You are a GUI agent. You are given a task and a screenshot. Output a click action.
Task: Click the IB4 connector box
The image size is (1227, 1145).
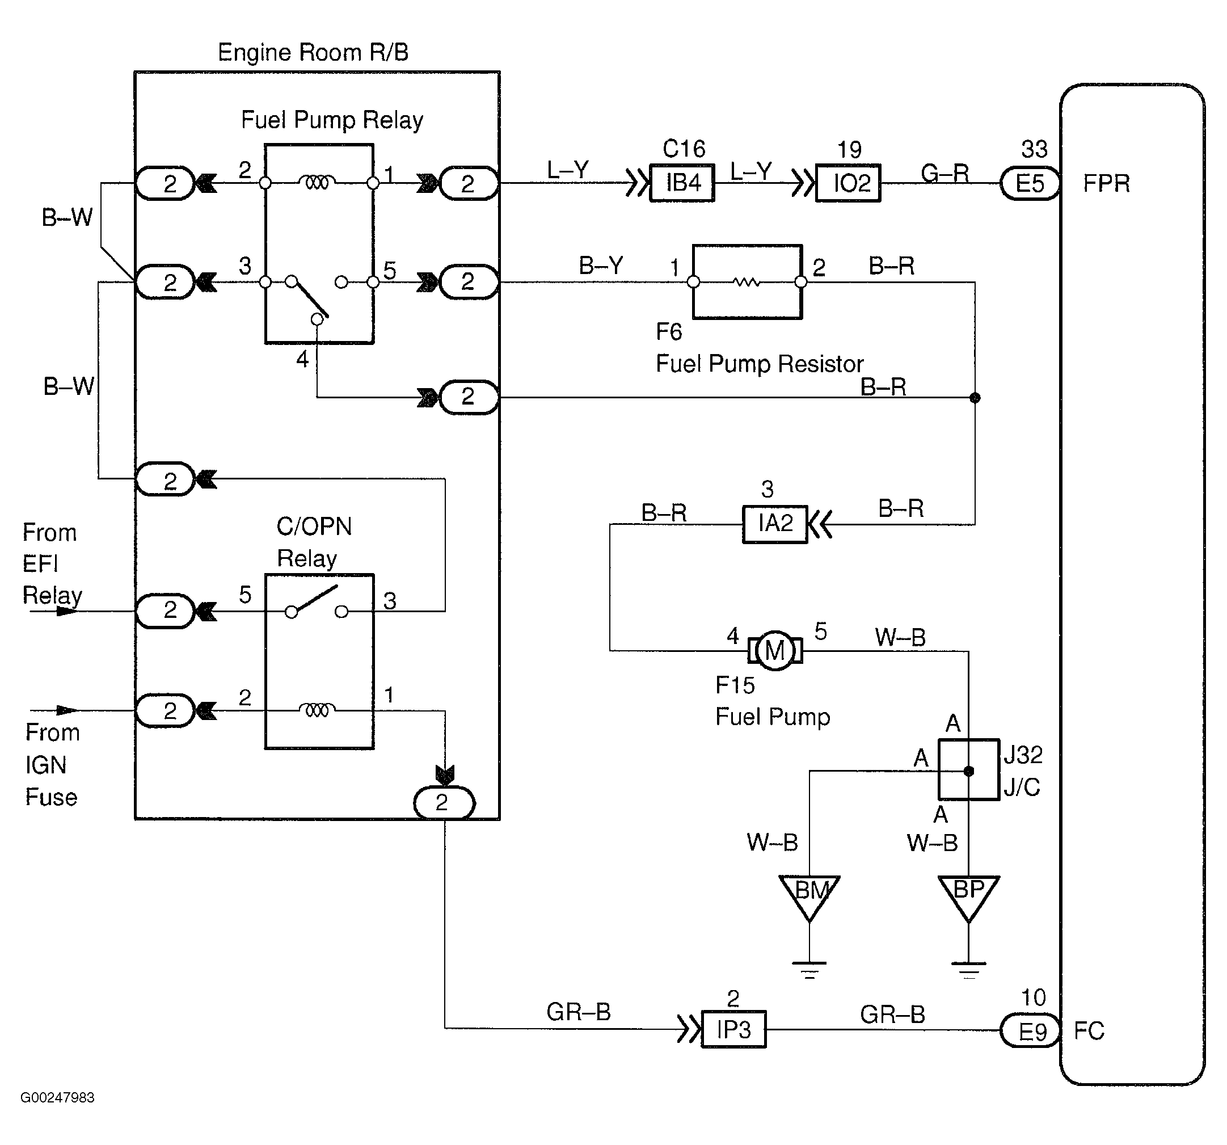point(682,183)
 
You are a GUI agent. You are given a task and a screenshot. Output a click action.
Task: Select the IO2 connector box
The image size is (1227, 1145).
point(848,183)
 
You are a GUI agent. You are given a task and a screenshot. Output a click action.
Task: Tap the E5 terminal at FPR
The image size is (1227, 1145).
point(1030,183)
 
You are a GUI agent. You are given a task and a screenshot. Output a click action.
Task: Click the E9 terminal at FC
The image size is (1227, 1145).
point(1030,1032)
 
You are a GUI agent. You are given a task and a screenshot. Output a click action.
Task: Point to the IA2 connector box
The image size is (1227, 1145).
point(774,524)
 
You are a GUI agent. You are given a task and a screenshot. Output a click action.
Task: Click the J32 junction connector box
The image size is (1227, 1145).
point(968,770)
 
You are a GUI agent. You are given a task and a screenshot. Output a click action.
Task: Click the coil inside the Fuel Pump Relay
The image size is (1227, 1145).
point(317,182)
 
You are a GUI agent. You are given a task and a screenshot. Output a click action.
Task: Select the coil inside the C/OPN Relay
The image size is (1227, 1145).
point(317,710)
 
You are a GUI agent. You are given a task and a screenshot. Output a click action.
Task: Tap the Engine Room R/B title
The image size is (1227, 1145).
point(313,52)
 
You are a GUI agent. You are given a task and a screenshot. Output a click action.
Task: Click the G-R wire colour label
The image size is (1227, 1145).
point(945,174)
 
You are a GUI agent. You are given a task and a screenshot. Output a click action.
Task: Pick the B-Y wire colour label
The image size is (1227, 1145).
point(601,266)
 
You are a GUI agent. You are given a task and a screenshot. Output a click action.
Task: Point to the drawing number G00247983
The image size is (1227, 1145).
point(57,1097)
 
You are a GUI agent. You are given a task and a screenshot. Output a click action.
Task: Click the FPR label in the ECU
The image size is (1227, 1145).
point(1106,183)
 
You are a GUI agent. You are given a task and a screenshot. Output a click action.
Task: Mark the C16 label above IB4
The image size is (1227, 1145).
point(684,149)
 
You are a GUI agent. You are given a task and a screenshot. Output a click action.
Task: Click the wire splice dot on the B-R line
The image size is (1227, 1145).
point(975,398)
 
